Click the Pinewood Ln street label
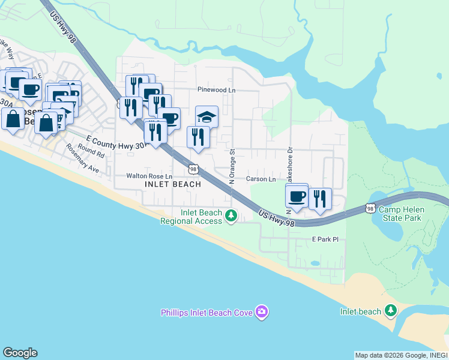point(217,90)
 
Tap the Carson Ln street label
point(261,179)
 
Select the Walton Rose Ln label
point(149,176)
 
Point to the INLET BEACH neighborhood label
point(173,185)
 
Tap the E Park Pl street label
point(325,239)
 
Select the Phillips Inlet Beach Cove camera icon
point(261,311)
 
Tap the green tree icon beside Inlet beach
point(391,310)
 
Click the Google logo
point(20,353)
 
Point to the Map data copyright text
point(401,355)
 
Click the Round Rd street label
point(91,151)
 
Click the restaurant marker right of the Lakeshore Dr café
point(320,199)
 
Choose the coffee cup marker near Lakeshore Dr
point(297,196)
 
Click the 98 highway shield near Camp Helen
point(370,208)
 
